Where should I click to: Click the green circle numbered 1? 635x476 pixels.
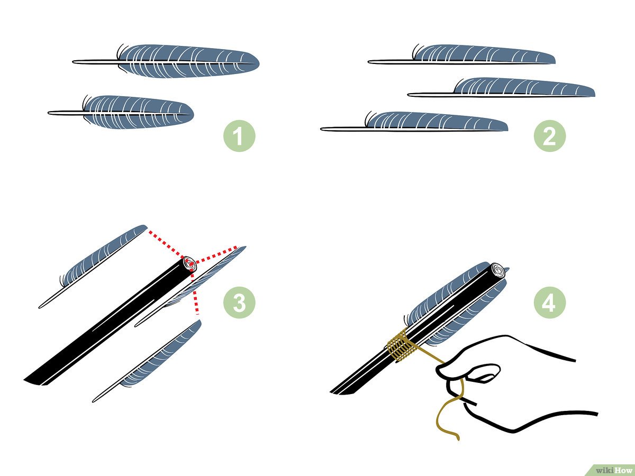point(239,136)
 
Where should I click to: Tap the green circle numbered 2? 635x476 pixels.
point(549,136)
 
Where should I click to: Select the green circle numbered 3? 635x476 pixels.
point(239,303)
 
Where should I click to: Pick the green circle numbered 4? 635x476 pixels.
point(549,303)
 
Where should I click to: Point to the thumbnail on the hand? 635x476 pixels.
point(484,372)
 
